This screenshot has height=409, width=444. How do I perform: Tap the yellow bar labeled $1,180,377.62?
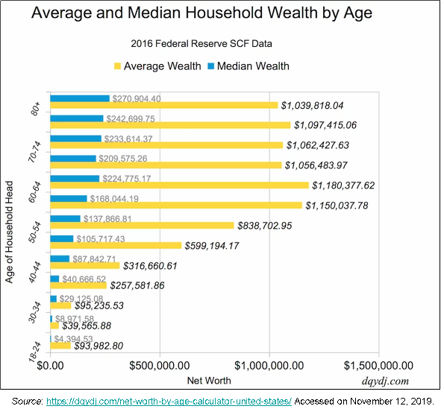[x=179, y=185]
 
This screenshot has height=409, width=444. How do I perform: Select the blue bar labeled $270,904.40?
[x=80, y=98]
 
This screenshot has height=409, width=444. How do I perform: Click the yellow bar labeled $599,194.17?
[x=116, y=245]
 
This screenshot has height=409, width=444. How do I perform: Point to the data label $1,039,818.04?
[x=323, y=106]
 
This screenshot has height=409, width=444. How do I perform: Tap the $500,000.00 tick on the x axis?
[x=160, y=366]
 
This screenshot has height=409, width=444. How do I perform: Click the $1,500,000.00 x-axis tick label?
[x=379, y=366]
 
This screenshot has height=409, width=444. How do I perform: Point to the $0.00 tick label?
[x=51, y=366]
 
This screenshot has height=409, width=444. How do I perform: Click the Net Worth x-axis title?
[x=208, y=381]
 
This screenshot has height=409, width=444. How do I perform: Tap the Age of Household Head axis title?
[x=10, y=230]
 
